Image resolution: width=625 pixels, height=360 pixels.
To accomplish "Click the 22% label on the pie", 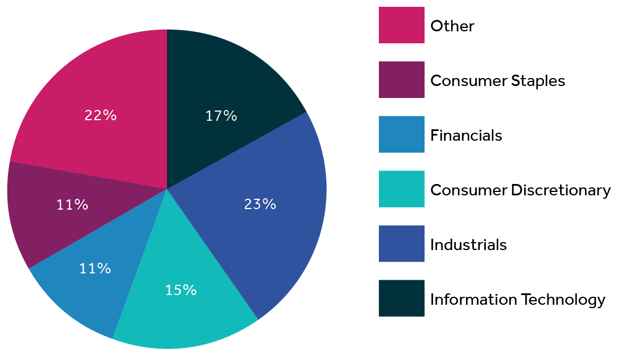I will pyautogui.click(x=100, y=115).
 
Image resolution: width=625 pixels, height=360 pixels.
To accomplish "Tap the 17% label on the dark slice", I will pyautogui.click(x=221, y=116).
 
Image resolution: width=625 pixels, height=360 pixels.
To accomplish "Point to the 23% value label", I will pyautogui.click(x=260, y=204).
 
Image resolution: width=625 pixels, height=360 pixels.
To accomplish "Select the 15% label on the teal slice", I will pyautogui.click(x=181, y=290).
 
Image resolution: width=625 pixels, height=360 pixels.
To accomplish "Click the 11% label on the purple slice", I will pyautogui.click(x=72, y=204).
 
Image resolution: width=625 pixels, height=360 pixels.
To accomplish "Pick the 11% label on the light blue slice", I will pyautogui.click(x=95, y=268).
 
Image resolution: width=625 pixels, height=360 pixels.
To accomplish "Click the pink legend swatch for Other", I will pyautogui.click(x=401, y=25).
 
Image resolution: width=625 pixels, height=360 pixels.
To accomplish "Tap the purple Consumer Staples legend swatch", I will pyautogui.click(x=401, y=80).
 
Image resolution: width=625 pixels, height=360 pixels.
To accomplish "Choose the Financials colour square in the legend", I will pyautogui.click(x=401, y=134).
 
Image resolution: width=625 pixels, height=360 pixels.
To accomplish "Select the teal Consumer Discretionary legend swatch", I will pyautogui.click(x=401, y=189).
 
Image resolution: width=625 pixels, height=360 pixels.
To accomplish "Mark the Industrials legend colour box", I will pyautogui.click(x=401, y=244).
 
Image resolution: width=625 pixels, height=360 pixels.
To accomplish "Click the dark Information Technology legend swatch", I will pyautogui.click(x=401, y=298).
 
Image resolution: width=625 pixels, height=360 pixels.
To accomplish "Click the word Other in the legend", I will pyautogui.click(x=452, y=26).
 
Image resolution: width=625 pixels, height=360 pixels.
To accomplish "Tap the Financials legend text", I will pyautogui.click(x=466, y=136).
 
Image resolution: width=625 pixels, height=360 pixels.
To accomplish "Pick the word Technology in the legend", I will pyautogui.click(x=564, y=300).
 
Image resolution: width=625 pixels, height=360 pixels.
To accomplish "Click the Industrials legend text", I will pyautogui.click(x=468, y=245).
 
